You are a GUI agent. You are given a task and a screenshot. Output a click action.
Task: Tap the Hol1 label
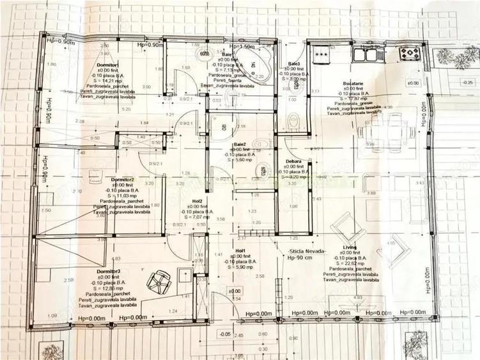240,250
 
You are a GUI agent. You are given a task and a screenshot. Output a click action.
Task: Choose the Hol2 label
197,200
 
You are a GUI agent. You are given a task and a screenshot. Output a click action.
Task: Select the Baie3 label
294,65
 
